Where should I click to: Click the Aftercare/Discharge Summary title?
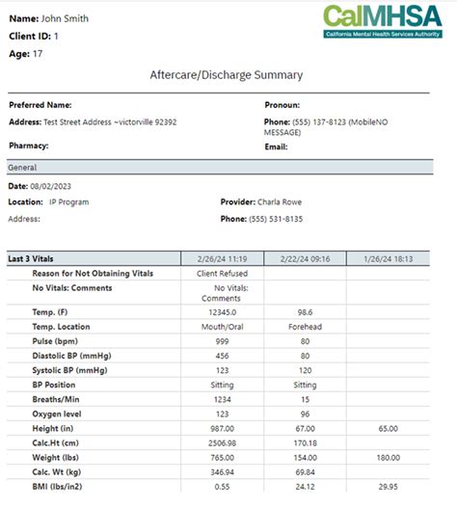[227, 74]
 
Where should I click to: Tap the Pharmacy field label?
[29, 146]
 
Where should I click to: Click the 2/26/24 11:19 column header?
[222, 258]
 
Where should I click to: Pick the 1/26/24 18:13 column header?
[388, 258]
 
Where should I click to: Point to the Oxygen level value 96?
[304, 414]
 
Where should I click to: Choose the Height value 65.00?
[388, 428]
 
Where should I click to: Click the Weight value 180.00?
[388, 457]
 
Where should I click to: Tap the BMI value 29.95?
[388, 486]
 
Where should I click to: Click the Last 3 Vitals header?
[36, 258]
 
